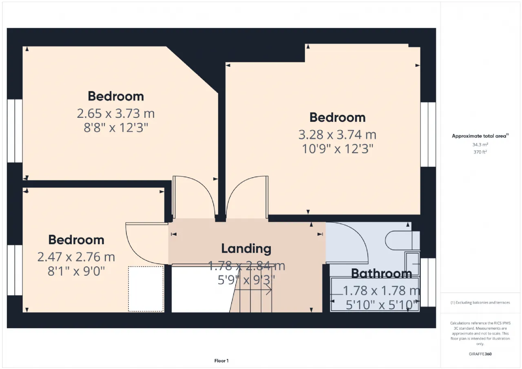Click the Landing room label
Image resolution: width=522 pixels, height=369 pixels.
click(246, 249)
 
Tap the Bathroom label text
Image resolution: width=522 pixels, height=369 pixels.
click(381, 274)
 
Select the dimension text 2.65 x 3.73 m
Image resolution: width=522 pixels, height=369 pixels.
click(116, 113)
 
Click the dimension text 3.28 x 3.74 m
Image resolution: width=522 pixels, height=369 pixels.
click(337, 135)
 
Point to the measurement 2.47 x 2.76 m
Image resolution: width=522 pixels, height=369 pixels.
click(76, 257)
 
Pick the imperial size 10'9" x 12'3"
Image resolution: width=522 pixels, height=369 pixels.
click(337, 149)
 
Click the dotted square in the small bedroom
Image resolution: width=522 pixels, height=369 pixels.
click(146, 289)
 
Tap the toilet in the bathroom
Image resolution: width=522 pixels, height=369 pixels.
click(403, 241)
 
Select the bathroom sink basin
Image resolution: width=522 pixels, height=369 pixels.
click(412, 264)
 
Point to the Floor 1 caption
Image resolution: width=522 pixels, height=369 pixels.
click(221, 360)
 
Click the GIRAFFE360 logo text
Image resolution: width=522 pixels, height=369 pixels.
click(480, 354)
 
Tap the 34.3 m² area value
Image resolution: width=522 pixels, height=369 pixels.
click(480, 145)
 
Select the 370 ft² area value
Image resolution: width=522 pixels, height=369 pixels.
click(480, 152)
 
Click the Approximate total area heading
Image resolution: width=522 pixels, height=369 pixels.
click(480, 136)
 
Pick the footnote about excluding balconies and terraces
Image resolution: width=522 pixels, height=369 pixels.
click(480, 303)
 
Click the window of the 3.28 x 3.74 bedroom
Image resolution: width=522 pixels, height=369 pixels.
click(428, 135)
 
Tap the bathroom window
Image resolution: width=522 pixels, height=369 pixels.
click(428, 282)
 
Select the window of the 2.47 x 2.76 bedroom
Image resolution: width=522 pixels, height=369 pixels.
click(15, 270)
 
